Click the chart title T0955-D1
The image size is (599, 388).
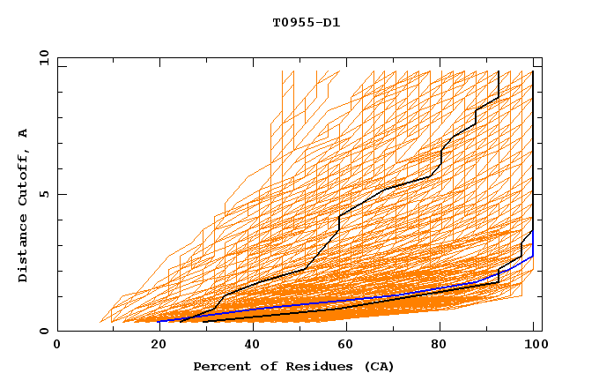[x=306, y=23]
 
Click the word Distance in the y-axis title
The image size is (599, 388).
[x=24, y=250]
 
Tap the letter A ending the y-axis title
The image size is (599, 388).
[x=24, y=133]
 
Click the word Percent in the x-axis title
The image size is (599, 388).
[x=219, y=366]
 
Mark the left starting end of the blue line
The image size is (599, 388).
[x=159, y=321]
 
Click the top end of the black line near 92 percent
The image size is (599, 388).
[x=499, y=71]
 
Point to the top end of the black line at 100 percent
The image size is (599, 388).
[x=533, y=71]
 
